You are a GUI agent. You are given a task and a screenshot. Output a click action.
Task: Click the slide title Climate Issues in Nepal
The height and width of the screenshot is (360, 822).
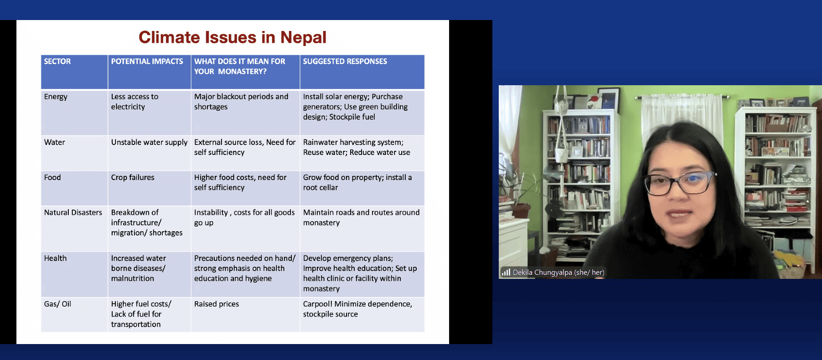coord(233,37)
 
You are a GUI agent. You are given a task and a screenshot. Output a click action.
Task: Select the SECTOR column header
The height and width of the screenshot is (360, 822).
coord(57,62)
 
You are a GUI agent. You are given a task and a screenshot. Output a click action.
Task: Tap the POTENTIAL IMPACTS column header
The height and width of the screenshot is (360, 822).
coord(147,62)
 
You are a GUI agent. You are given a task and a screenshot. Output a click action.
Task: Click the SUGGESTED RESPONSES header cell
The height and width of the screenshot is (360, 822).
coord(345,62)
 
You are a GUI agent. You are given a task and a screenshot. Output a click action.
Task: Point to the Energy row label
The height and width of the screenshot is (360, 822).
coord(56,97)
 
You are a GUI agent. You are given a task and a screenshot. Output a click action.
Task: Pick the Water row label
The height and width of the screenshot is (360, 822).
coord(55,142)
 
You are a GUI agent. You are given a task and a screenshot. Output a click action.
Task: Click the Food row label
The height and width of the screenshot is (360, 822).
coord(52,177)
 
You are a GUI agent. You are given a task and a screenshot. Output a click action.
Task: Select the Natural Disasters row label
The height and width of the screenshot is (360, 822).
coord(73,212)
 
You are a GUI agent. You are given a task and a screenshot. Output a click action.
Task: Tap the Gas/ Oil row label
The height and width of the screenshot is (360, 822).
coord(57,304)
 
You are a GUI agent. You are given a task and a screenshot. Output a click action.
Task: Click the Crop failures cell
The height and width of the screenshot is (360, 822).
coord(133,177)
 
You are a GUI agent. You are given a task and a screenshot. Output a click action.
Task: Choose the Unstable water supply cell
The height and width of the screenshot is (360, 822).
coord(149,142)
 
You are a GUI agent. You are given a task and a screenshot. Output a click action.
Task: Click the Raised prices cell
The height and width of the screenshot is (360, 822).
coord(217,304)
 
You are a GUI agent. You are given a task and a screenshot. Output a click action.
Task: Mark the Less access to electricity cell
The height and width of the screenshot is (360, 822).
coord(134,102)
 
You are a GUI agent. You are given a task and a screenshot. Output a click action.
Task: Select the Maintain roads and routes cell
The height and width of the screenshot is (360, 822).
coord(361,217)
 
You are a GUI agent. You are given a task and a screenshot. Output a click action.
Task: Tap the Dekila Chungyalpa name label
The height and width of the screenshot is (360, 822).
coord(558,273)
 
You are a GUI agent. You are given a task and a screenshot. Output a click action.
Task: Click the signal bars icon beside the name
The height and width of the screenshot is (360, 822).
coord(506,273)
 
